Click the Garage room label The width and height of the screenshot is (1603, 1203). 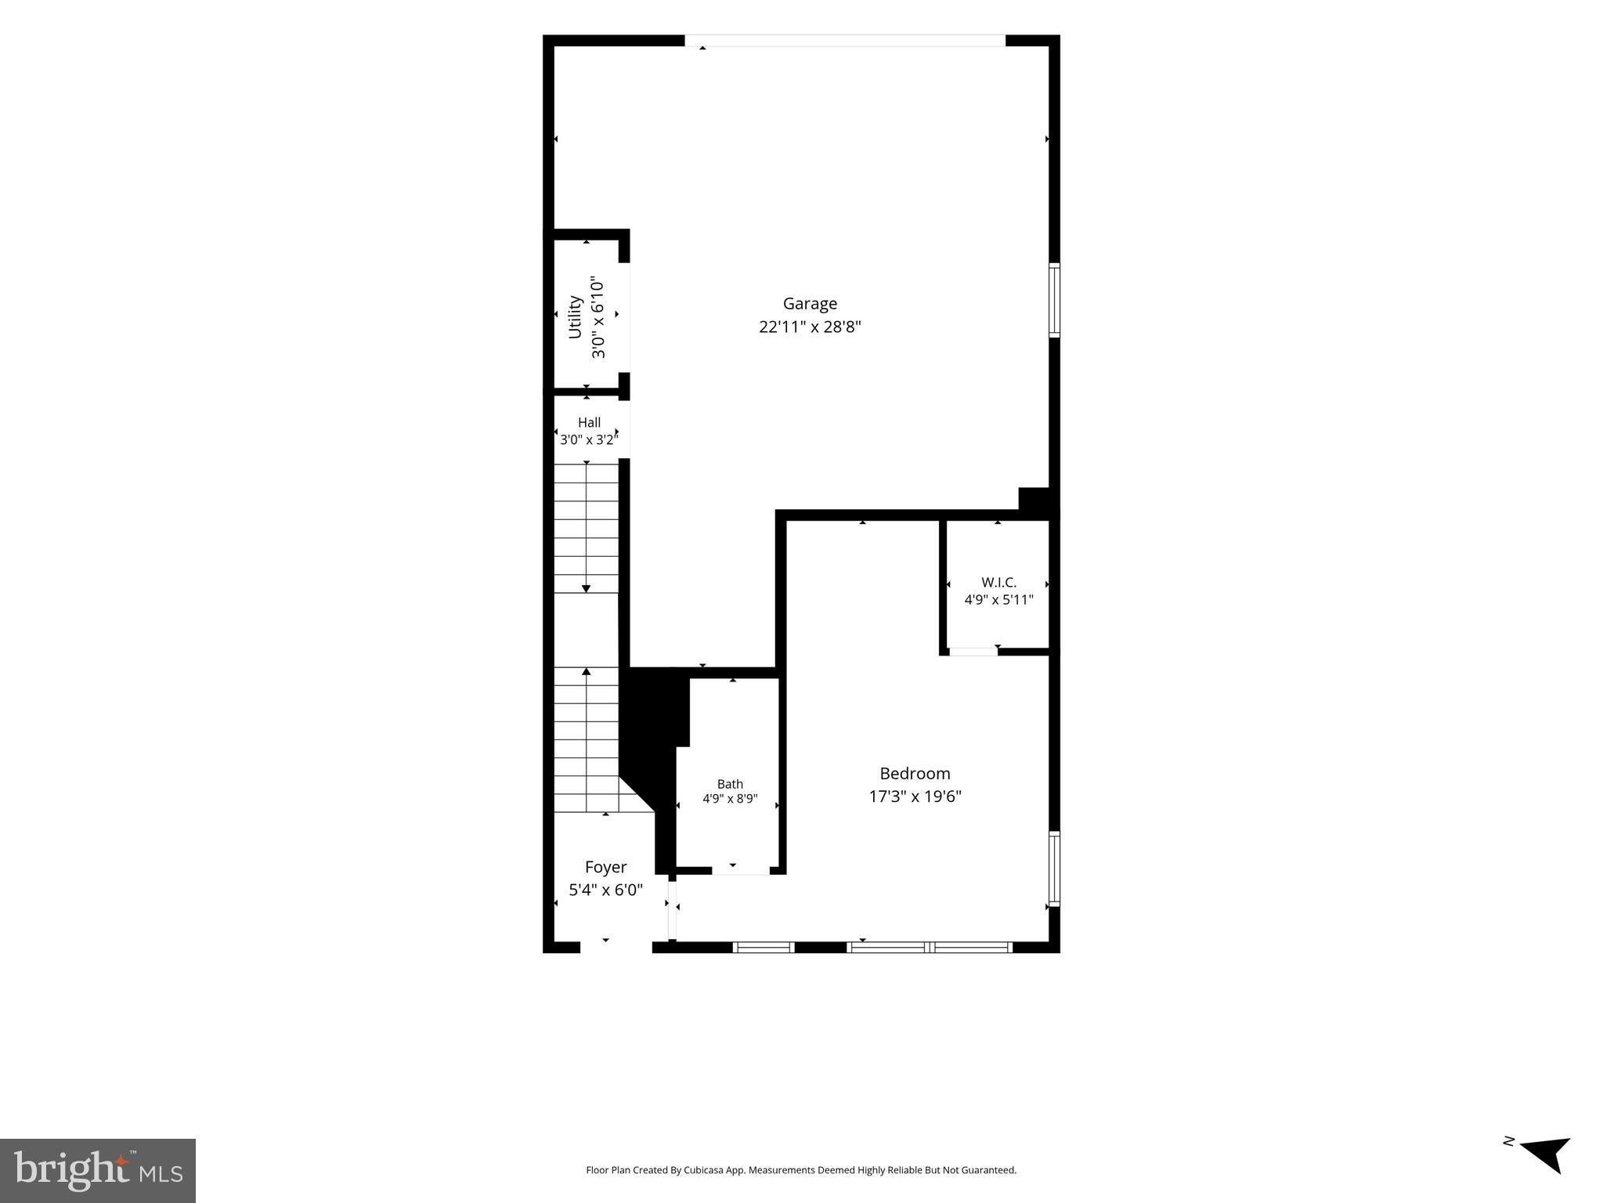click(x=810, y=304)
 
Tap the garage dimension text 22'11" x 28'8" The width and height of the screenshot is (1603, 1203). click(x=810, y=327)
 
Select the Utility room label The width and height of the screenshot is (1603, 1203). click(x=575, y=316)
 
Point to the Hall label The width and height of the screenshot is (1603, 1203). click(x=589, y=422)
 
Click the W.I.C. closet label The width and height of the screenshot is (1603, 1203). click(x=998, y=583)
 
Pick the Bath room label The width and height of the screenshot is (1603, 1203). click(x=730, y=784)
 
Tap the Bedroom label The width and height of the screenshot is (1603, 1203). click(x=915, y=774)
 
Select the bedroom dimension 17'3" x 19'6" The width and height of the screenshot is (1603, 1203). click(x=915, y=797)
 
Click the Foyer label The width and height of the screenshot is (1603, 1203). click(x=605, y=868)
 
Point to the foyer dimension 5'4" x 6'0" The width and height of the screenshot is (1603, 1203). click(x=605, y=890)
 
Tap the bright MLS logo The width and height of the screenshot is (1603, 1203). click(x=98, y=1171)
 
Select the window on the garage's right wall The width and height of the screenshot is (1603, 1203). click(x=1054, y=301)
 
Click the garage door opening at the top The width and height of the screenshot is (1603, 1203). click(x=845, y=41)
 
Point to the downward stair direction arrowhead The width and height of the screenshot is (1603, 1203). click(x=586, y=588)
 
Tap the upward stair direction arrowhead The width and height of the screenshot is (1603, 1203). click(x=586, y=671)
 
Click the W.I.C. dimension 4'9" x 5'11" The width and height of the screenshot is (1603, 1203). click(x=998, y=600)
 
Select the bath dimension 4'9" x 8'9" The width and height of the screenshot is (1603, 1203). click(x=730, y=799)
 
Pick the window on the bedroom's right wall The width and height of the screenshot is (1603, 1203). click(x=1054, y=869)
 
